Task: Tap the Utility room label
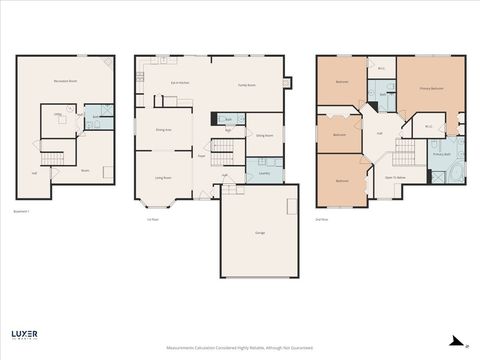click(x=58, y=115)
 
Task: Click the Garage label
click(x=260, y=232)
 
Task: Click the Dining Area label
click(x=164, y=130)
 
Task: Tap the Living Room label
click(x=163, y=177)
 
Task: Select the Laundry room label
click(x=264, y=172)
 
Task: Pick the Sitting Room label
click(x=264, y=133)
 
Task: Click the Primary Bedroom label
click(x=431, y=88)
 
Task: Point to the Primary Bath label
click(x=441, y=154)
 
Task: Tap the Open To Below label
click(x=395, y=176)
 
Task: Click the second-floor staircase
click(x=404, y=153)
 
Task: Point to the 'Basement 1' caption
click(x=22, y=212)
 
